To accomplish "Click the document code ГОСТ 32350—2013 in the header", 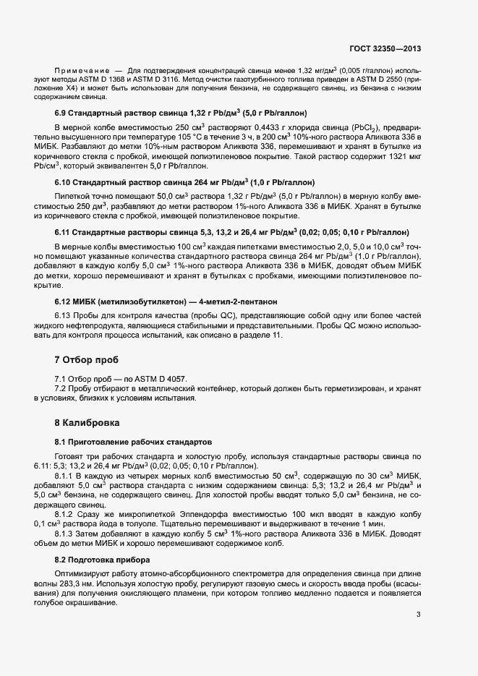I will tap(384, 49).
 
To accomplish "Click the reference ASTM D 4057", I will tap(164, 379).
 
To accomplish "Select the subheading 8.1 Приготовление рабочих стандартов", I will tap(134, 441).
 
